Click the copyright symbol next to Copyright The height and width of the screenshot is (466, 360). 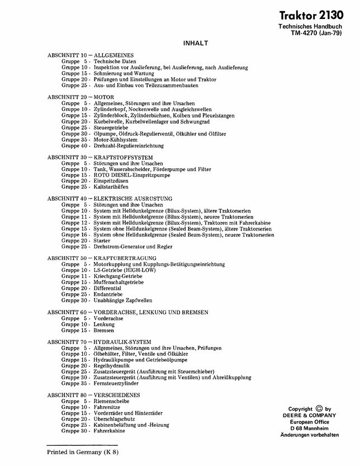tap(320, 408)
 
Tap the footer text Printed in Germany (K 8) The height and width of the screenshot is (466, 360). tap(83, 451)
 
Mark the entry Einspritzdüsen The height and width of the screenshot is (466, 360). tap(112, 181)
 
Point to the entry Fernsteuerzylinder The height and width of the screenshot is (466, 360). tap(117, 384)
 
